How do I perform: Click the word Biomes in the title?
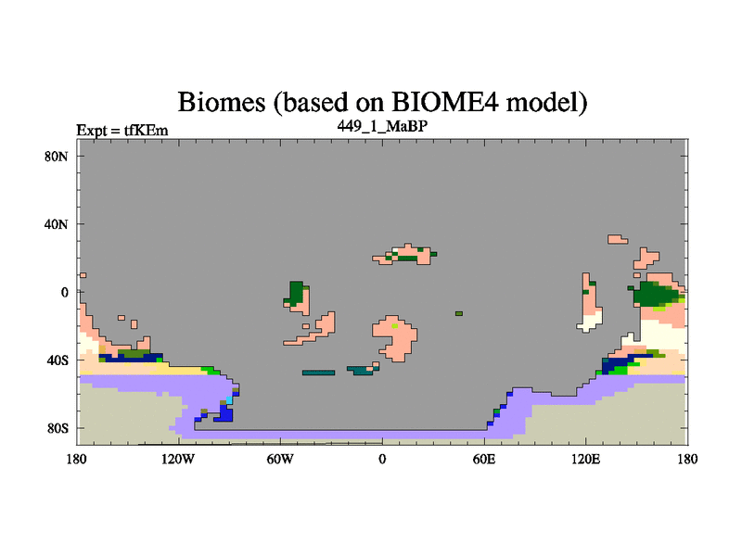(222, 102)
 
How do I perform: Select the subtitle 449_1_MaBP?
(382, 126)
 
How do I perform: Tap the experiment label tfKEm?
(147, 130)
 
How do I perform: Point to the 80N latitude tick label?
(57, 157)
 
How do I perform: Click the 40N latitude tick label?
(57, 224)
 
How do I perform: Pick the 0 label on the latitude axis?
(64, 292)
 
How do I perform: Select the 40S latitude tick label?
(57, 360)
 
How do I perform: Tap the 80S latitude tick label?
(57, 428)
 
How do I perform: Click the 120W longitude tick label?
(178, 459)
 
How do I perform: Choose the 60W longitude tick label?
(280, 459)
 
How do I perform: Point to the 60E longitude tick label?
(484, 459)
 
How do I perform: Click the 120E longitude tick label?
(586, 459)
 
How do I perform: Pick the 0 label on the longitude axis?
(382, 459)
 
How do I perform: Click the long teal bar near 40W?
(318, 373)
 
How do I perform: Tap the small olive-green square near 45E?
(459, 313)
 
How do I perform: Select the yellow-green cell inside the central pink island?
(395, 326)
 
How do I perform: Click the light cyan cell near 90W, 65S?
(229, 400)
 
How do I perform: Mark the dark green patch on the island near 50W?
(296, 293)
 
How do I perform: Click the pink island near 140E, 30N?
(617, 239)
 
